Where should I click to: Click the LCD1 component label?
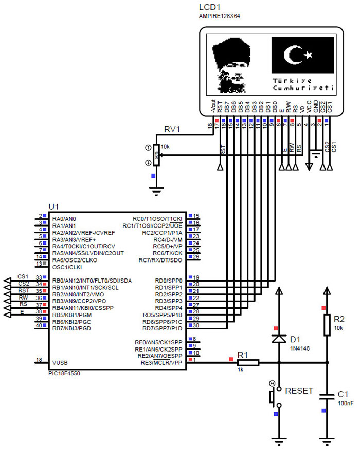210,8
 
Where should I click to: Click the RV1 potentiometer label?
172,129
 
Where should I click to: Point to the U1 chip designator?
54,206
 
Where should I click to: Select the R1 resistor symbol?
248,363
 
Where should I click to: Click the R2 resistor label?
339,318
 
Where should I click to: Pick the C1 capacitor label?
343,394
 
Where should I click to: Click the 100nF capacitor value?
345,404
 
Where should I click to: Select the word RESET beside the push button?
299,391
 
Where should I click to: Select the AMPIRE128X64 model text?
220,16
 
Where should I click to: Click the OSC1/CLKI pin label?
67,267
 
